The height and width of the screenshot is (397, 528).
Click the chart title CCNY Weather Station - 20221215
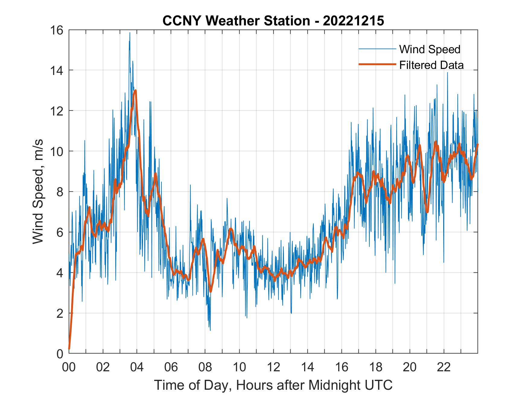(273, 21)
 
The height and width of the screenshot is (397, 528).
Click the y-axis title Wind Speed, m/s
(38, 191)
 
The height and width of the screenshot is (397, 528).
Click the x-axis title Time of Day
(273, 385)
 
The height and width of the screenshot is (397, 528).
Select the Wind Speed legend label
(430, 49)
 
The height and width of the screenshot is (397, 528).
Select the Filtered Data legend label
(431, 65)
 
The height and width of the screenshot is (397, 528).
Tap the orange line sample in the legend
(377, 64)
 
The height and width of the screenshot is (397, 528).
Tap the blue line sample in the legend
(377, 49)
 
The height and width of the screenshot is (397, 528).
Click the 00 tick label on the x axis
(69, 367)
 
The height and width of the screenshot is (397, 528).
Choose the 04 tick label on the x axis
(137, 367)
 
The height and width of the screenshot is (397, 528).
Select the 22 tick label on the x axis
(444, 367)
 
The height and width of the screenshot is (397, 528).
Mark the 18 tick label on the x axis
(376, 367)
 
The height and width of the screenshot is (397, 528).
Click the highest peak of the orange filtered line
(136, 90)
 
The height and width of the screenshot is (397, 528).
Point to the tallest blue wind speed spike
(130, 33)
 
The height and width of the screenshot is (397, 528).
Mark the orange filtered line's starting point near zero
(69, 349)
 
